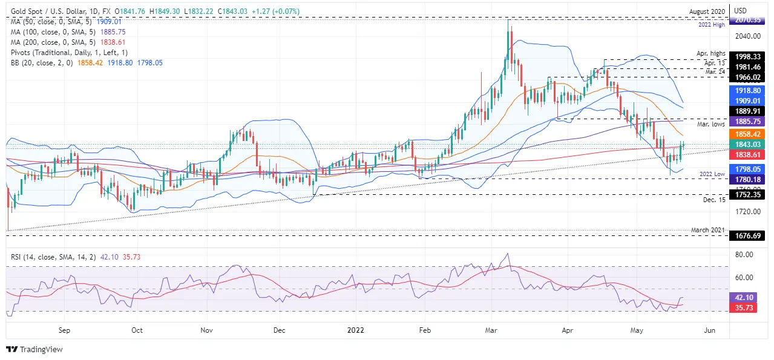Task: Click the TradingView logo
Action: coord(34,349)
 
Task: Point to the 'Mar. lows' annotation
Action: coord(710,124)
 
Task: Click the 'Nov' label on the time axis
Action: coord(207,330)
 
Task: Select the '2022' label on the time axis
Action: coord(356,330)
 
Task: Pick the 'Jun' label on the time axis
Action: coord(710,330)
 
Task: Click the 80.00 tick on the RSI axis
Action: coord(744,255)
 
